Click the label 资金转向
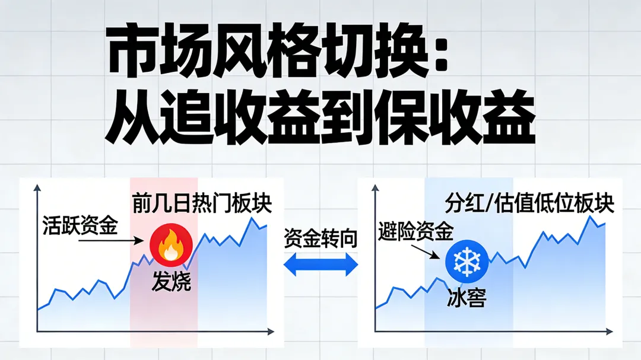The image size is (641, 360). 320,238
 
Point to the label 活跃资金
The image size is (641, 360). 80,225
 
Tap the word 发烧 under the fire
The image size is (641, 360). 172,281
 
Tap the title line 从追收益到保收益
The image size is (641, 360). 320,117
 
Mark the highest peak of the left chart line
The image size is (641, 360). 252,218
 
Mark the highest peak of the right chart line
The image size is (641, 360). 591,217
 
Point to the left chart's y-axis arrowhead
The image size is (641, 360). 38,189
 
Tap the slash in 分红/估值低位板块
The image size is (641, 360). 490,205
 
